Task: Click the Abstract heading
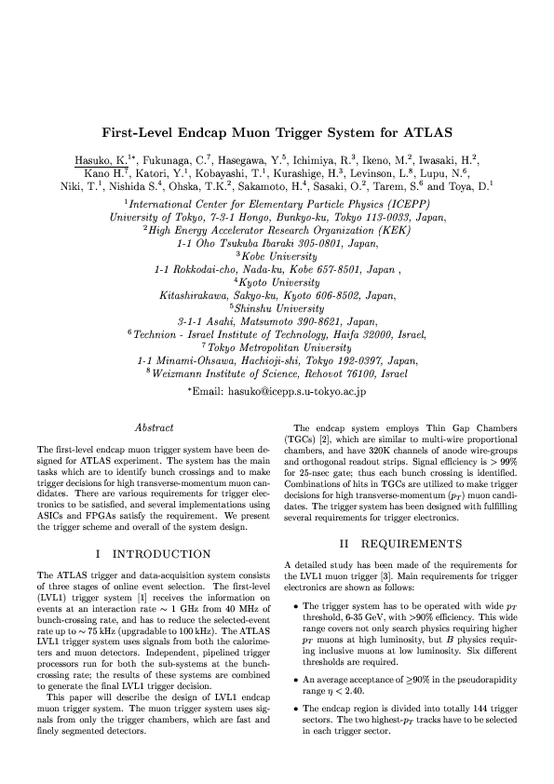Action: click(155, 427)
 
